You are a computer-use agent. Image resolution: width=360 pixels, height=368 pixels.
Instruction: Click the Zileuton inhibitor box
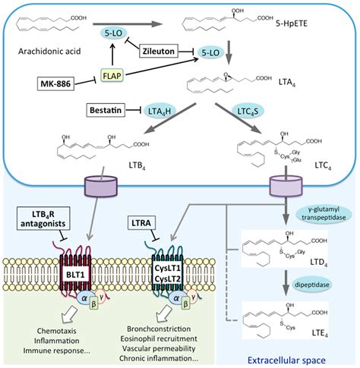159,51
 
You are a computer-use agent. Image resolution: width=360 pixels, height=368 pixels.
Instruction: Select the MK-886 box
55,83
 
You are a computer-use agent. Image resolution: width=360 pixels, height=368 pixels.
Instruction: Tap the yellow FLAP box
112,75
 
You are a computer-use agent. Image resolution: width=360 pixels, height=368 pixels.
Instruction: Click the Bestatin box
106,110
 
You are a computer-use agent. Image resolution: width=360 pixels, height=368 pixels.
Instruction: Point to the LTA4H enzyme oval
159,112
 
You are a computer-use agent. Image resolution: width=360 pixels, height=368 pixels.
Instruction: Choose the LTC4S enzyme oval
248,112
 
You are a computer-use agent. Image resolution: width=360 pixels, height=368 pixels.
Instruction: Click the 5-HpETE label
292,24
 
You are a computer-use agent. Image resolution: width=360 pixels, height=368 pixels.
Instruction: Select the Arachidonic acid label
49,52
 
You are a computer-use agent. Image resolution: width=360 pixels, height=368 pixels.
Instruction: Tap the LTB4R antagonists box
43,219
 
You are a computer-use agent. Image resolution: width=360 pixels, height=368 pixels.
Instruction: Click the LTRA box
141,222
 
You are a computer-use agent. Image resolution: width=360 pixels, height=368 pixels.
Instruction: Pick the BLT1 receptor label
75,275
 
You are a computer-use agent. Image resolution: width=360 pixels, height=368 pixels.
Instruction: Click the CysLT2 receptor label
167,279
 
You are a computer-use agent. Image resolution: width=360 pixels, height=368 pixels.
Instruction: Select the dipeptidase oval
312,285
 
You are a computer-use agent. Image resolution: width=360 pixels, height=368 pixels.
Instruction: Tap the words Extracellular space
286,360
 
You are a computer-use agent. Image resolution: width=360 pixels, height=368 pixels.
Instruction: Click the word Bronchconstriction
159,329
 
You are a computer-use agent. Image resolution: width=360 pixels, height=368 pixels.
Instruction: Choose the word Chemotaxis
56,331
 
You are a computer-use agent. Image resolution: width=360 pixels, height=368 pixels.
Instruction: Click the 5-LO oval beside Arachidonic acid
113,33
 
